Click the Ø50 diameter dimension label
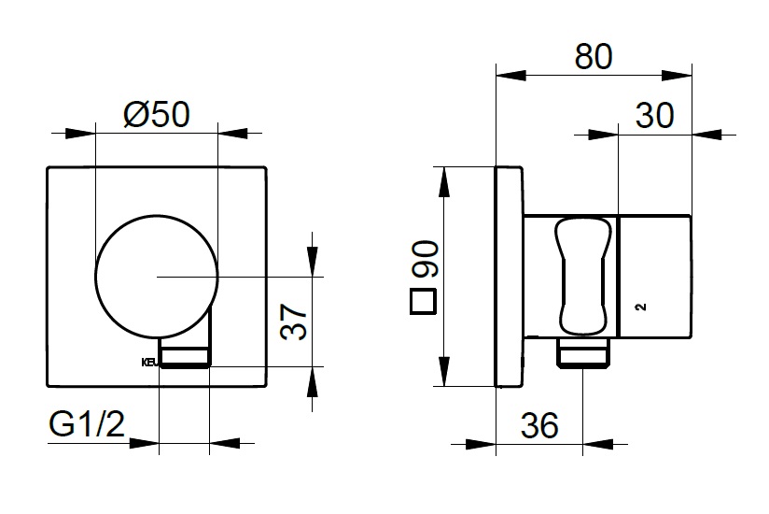click(x=156, y=113)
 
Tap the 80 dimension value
click(x=594, y=56)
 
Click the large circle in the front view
click(x=158, y=276)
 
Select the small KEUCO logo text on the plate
click(x=149, y=363)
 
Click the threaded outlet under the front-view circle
click(x=185, y=354)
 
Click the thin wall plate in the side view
click(x=508, y=276)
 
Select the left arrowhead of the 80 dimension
click(x=501, y=75)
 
